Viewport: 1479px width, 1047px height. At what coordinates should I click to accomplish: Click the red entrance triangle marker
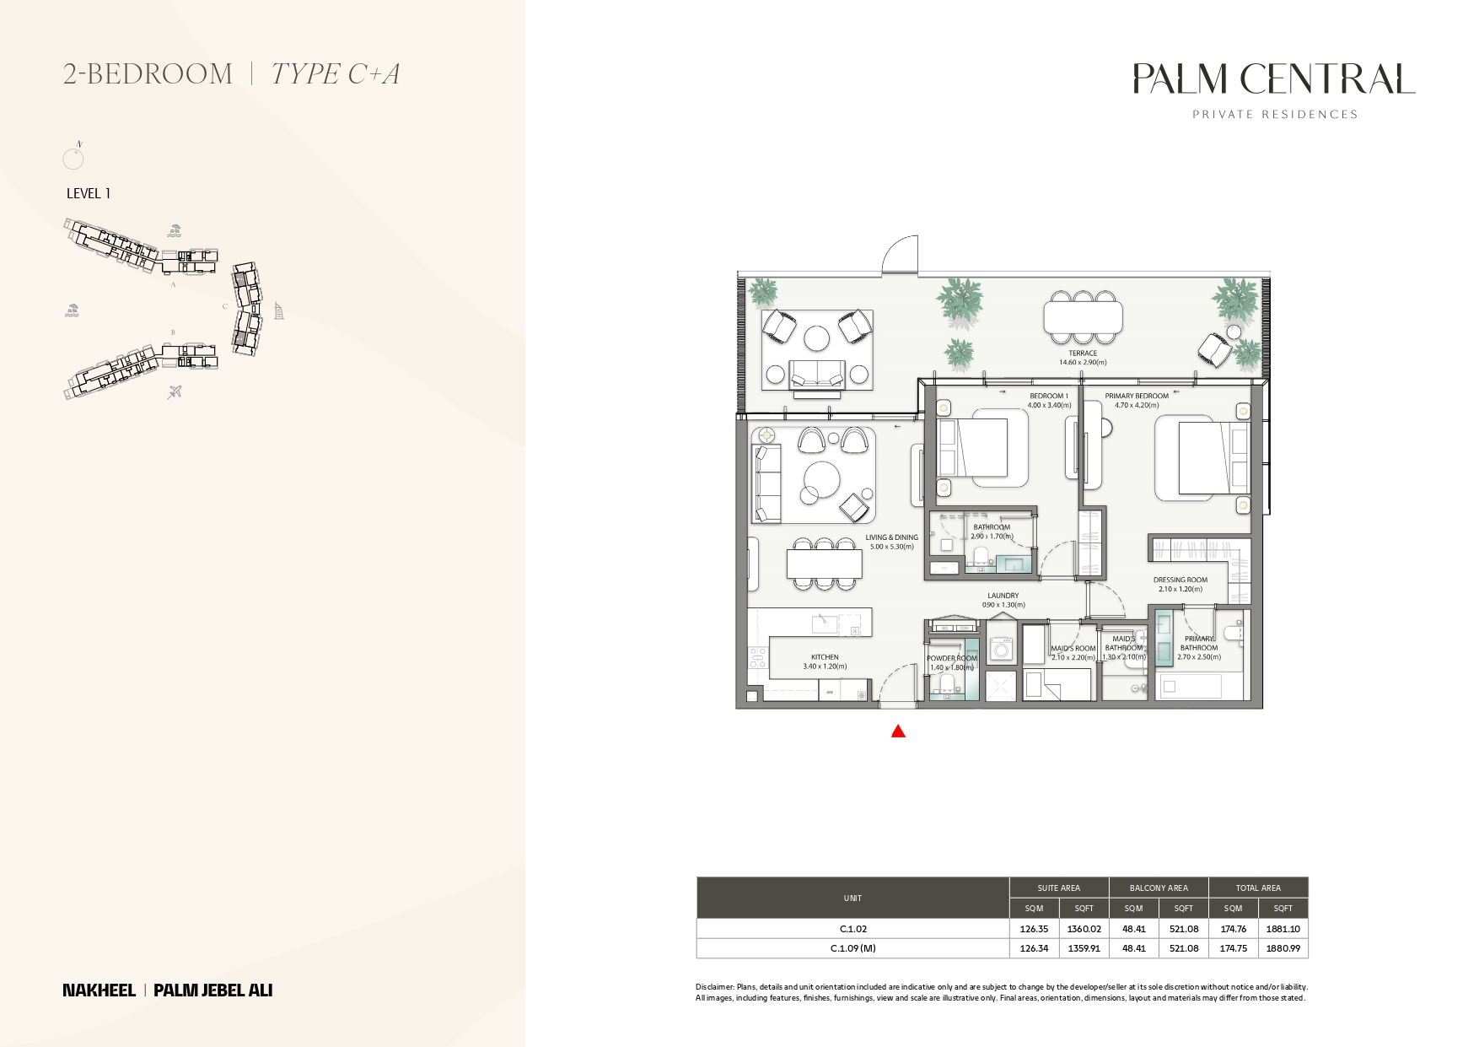click(898, 731)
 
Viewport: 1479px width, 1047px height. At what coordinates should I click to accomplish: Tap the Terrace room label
click(1083, 353)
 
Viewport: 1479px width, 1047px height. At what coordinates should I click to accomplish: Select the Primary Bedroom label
click(1137, 396)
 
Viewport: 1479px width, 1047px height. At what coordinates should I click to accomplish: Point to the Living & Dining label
click(891, 537)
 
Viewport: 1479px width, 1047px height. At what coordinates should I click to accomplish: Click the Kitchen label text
click(825, 657)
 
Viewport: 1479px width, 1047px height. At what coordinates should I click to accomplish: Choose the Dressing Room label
click(1180, 580)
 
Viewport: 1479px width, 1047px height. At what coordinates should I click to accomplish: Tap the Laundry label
click(1003, 596)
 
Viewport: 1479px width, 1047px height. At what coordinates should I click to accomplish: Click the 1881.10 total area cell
click(1283, 929)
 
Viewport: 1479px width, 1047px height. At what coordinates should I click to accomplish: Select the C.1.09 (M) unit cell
click(852, 948)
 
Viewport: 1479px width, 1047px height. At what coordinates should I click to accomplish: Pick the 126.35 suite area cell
click(1034, 929)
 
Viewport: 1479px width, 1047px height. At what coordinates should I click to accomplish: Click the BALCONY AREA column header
click(1159, 888)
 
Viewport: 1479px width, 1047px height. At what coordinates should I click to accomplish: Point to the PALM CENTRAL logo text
click(1273, 79)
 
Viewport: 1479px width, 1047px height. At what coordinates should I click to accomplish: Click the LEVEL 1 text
click(89, 193)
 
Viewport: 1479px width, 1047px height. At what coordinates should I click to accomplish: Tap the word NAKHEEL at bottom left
click(99, 990)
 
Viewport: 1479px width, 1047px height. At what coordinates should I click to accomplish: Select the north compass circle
click(73, 158)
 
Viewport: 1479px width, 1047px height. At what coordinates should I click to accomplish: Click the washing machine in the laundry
click(1002, 650)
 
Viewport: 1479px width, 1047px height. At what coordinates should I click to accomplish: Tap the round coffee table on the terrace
click(816, 338)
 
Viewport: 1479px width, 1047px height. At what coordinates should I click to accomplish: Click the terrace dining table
click(1083, 318)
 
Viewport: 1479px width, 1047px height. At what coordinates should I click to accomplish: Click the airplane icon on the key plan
click(175, 391)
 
